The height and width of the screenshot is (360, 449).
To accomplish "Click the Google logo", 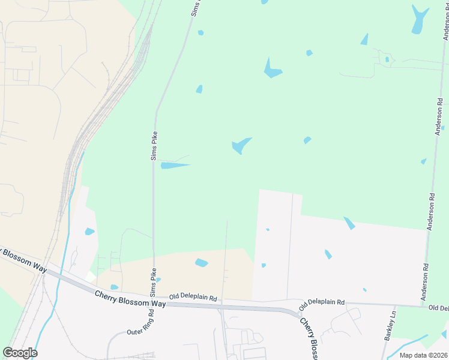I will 20,352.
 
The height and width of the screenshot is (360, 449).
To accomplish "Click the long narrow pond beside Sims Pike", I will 175,165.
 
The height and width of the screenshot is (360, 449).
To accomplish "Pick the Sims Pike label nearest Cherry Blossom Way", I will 154,278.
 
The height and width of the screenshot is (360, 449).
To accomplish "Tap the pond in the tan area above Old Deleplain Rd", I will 202,262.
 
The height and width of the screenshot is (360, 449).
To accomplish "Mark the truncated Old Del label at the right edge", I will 438,308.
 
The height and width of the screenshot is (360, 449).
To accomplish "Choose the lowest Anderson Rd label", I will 424,282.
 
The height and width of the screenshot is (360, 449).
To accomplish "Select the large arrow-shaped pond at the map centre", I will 241,145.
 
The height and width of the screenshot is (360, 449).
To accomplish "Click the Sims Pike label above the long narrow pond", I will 154,146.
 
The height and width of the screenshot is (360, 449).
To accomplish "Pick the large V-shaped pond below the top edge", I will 272,70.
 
